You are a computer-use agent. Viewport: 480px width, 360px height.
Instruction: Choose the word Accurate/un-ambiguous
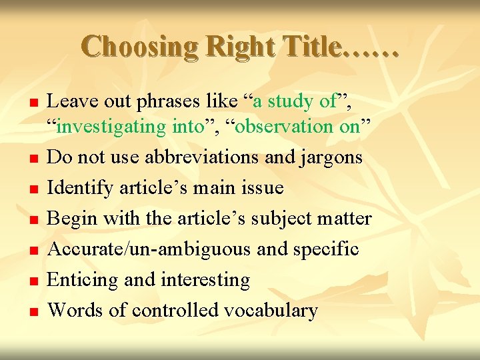coord(151,249)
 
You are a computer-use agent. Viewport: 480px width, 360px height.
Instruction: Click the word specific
coord(326,249)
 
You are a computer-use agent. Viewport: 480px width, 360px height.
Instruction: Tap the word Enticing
coord(85,280)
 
